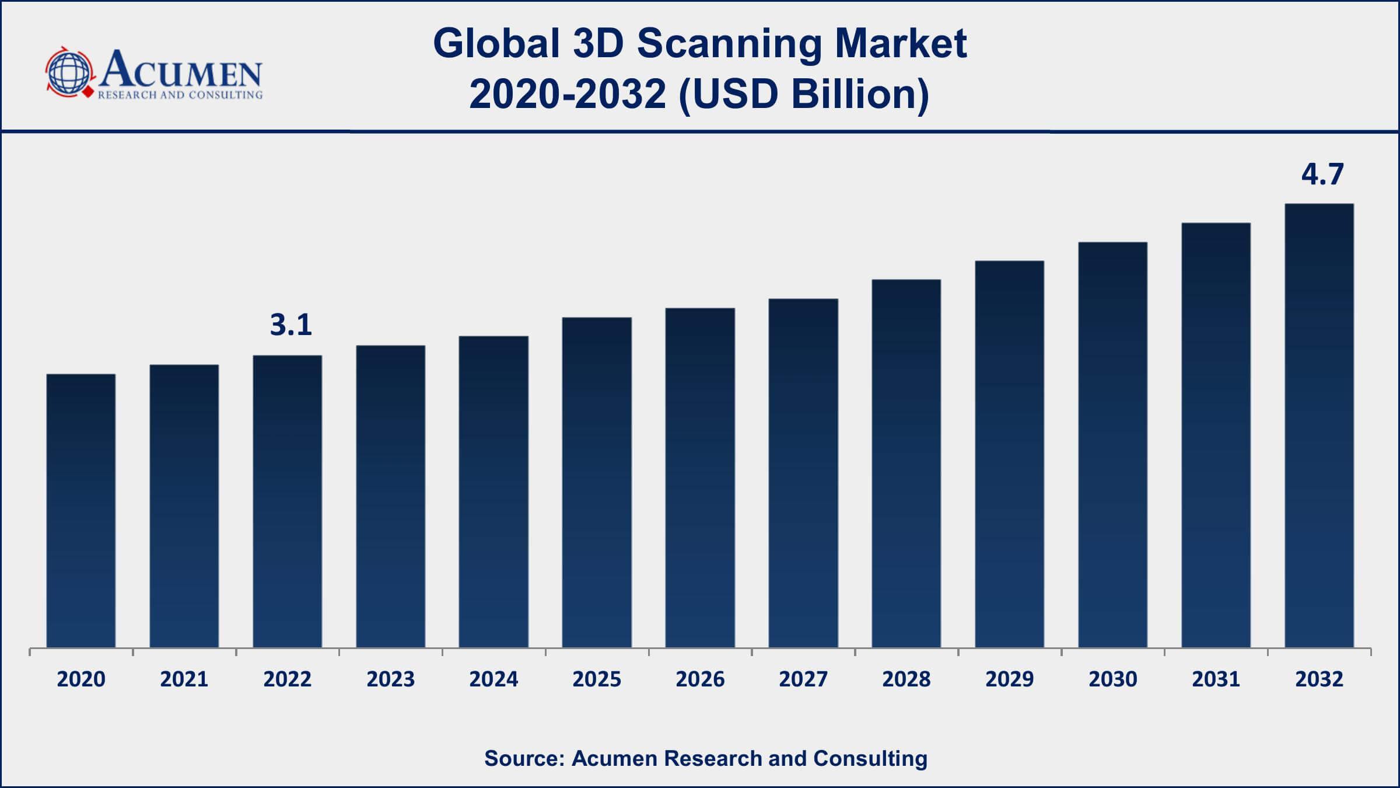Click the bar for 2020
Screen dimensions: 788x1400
click(81, 511)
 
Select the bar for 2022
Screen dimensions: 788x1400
click(287, 501)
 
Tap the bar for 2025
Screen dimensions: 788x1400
click(597, 482)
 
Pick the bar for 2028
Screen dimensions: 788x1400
click(906, 463)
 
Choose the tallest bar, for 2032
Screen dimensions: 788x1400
click(1319, 426)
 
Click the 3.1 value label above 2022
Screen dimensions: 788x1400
click(291, 325)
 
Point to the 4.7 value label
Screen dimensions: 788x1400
click(1322, 174)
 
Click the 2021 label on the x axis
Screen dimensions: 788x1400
click(184, 679)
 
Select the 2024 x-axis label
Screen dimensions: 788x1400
click(494, 679)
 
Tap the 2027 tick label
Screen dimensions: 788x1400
click(803, 679)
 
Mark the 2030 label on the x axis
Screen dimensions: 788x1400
click(1112, 679)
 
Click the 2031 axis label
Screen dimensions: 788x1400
click(1216, 679)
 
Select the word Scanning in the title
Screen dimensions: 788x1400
click(729, 44)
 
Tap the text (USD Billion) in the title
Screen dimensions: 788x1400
click(804, 94)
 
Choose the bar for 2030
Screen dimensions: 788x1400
click(1112, 445)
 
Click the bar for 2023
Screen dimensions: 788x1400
click(390, 497)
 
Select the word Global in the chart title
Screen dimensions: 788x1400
click(496, 44)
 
